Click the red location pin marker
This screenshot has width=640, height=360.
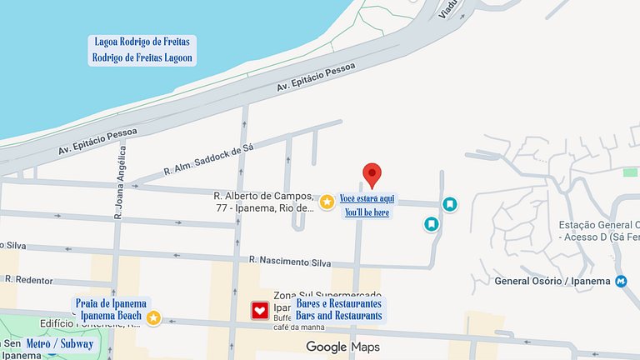[372, 174]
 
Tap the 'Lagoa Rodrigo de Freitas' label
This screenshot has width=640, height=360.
[142, 42]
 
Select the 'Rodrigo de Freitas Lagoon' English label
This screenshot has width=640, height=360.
[142, 58]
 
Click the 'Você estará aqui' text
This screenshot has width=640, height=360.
[367, 198]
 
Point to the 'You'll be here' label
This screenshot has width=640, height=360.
[367, 212]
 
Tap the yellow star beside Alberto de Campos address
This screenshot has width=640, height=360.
[327, 201]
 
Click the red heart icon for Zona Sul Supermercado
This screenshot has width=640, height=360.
[260, 311]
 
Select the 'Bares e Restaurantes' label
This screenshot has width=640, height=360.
[338, 303]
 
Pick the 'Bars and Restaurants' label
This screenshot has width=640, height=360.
[338, 316]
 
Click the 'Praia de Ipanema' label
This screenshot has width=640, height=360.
[111, 303]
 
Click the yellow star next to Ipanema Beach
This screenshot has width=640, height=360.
[154, 317]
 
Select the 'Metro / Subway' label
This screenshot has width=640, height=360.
[59, 343]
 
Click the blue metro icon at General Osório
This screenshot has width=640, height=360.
[621, 281]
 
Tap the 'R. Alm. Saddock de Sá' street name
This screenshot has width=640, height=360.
[208, 159]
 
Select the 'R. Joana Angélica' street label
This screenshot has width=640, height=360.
[120, 182]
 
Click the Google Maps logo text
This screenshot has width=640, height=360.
[342, 347]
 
